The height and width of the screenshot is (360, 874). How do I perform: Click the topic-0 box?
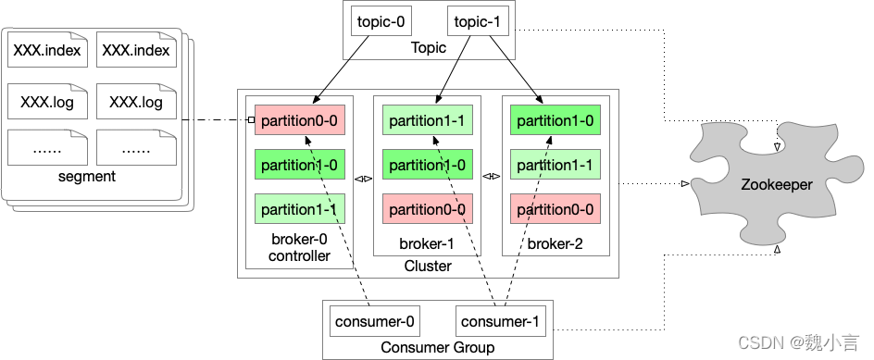(381, 22)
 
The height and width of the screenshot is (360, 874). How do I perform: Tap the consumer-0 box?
(375, 321)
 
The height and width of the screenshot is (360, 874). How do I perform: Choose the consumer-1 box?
(501, 321)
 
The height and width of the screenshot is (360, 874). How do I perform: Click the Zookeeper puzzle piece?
(777, 183)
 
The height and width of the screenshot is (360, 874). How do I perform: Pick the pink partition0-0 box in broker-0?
(300, 119)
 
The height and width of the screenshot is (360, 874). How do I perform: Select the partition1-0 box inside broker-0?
(300, 165)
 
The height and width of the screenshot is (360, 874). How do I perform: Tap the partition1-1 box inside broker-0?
(300, 209)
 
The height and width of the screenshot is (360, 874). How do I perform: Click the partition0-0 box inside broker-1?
(428, 209)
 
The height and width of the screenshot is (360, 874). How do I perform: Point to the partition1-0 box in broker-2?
(556, 119)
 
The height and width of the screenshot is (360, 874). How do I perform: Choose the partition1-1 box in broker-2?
(556, 165)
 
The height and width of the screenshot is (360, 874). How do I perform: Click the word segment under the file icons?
(87, 177)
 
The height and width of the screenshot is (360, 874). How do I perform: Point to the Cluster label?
(428, 266)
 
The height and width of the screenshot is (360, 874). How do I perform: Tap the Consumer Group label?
(438, 348)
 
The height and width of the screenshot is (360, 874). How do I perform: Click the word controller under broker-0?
(299, 255)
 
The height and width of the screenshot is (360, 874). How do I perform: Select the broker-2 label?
(556, 244)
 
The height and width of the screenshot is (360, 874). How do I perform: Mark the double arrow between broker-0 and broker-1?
(364, 179)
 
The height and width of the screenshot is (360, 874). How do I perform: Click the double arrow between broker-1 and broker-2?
(492, 177)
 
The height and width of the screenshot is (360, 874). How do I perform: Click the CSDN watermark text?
(798, 342)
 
